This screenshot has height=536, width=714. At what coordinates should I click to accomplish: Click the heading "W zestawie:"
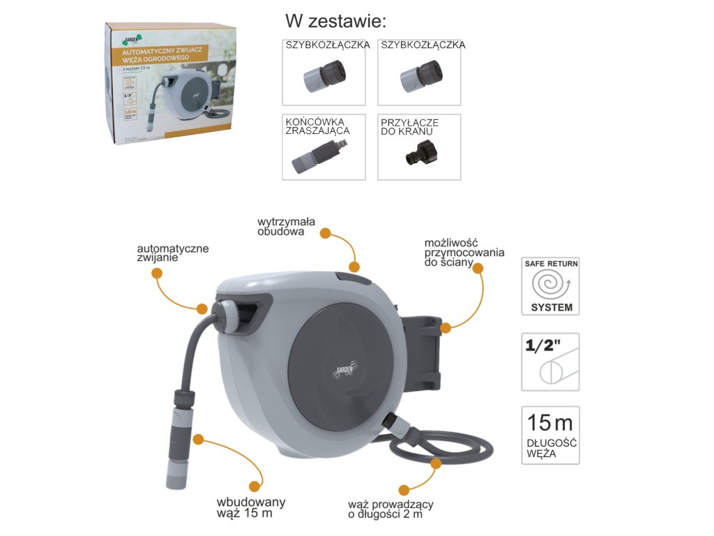pos(336,20)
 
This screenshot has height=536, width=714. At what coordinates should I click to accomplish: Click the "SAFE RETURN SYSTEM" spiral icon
pos(550,286)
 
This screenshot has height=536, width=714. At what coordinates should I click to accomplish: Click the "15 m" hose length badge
pos(550,435)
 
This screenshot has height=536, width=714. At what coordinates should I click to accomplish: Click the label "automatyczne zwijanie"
pos(172,253)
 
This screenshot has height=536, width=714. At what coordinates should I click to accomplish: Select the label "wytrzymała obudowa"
pos(286,227)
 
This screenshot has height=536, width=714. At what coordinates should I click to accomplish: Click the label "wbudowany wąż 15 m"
pos(250,508)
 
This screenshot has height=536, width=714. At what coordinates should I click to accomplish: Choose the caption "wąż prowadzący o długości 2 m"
pos(391,510)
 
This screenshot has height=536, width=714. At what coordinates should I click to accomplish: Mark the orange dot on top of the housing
pos(354,267)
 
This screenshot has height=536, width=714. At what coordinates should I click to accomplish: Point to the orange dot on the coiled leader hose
pos(436,463)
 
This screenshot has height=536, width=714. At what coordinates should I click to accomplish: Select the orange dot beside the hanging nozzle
pos(198,440)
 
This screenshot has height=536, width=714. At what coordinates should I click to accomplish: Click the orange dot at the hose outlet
pos(202,308)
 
